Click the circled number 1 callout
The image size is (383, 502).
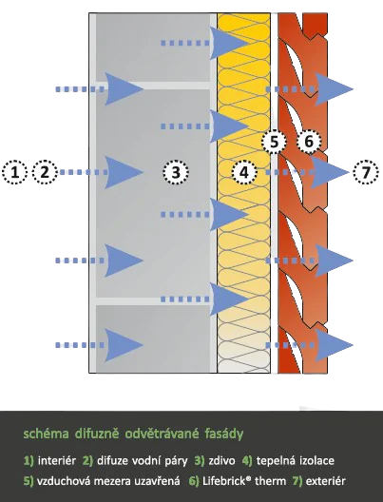tap(14, 172)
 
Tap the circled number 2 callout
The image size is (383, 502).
tap(45, 172)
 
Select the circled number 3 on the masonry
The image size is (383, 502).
tap(176, 172)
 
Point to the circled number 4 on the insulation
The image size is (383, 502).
tap(244, 172)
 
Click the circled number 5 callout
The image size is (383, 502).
tap(275, 142)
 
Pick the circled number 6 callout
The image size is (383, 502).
tap(309, 141)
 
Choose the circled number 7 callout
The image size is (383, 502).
tap(366, 172)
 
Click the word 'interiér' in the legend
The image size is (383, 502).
tap(57, 461)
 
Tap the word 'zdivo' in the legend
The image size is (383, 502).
tap(221, 461)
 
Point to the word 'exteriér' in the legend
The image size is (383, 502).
tap(326, 481)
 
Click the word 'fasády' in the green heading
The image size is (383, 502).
tap(224, 434)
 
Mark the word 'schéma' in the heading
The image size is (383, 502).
tap(46, 434)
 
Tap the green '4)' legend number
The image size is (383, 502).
tap(247, 461)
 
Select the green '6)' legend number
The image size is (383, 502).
tap(194, 481)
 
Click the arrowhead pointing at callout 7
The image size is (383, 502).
tap(330, 172)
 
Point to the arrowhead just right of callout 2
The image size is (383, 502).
tap(124, 172)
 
